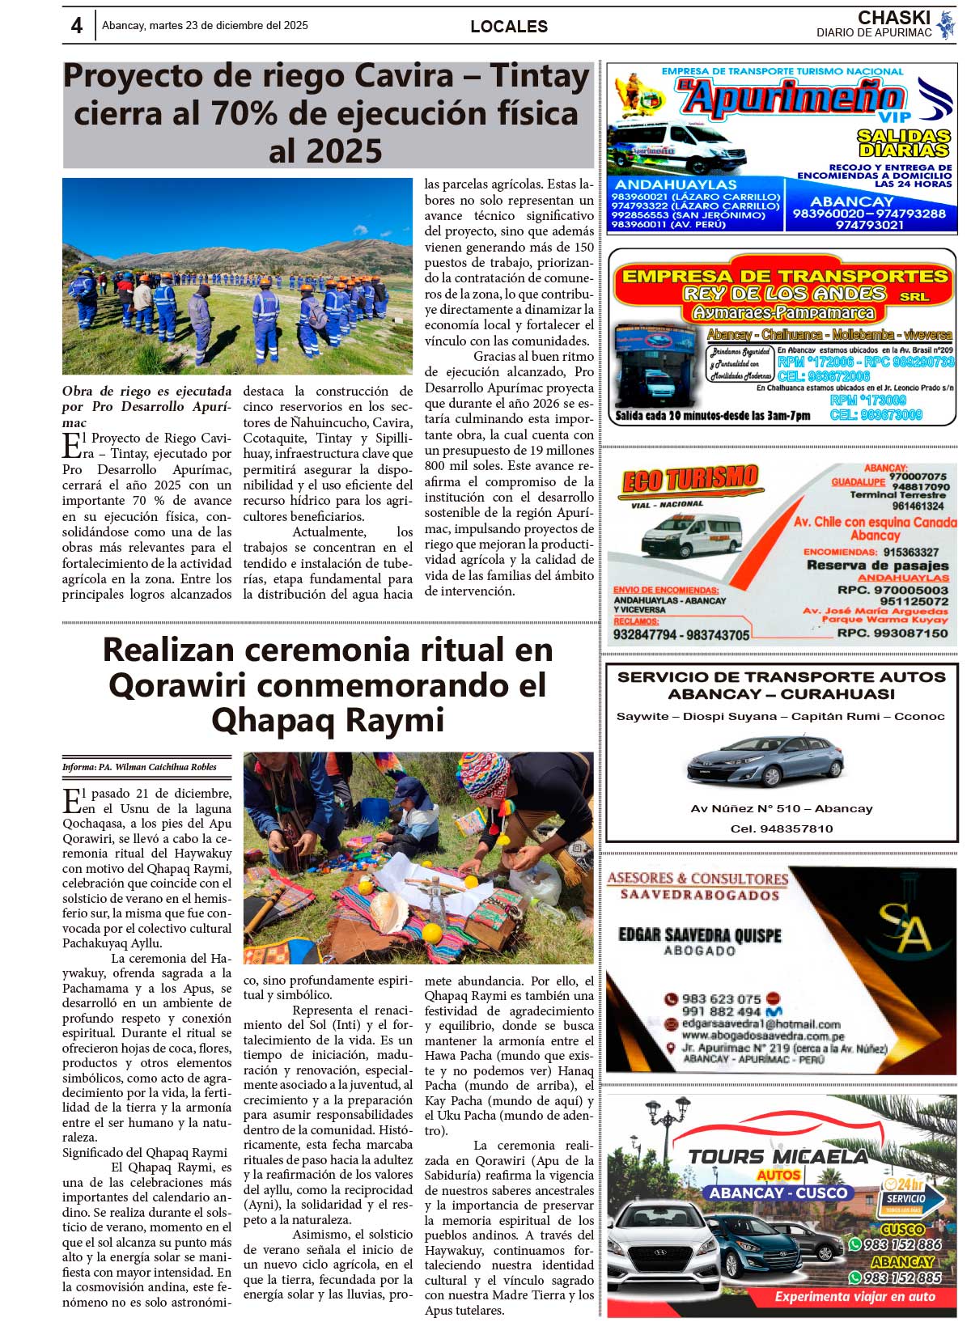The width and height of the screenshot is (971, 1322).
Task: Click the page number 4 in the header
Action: [x=77, y=26]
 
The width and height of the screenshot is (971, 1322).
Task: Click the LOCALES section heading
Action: [x=509, y=27]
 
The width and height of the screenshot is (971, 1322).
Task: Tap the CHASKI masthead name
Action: [x=893, y=18]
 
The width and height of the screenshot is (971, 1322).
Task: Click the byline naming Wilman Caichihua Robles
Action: [x=139, y=767]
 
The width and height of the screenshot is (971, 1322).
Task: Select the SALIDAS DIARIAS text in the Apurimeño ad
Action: [x=903, y=143]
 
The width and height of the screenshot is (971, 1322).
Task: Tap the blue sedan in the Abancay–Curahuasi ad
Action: [x=765, y=761]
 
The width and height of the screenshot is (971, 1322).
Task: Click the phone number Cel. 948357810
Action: [x=781, y=828]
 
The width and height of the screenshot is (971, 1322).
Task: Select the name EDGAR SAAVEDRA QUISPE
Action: [x=700, y=935]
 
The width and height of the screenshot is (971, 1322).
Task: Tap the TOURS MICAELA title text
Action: [x=778, y=1157]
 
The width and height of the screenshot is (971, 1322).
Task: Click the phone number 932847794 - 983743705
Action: [x=681, y=635]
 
